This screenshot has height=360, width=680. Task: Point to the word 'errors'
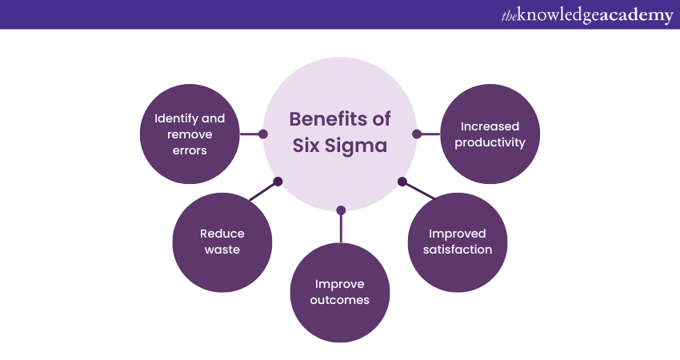pyautogui.click(x=190, y=150)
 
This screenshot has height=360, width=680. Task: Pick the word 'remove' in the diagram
pyautogui.click(x=190, y=134)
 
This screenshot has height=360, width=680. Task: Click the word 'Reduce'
pyautogui.click(x=222, y=234)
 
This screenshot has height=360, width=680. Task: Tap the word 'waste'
pyautogui.click(x=222, y=250)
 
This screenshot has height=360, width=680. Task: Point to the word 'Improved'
pyautogui.click(x=458, y=234)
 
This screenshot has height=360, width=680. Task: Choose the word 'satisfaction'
pyautogui.click(x=458, y=250)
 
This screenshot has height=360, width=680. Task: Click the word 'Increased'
pyautogui.click(x=490, y=126)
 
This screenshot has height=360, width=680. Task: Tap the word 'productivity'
pyautogui.click(x=490, y=142)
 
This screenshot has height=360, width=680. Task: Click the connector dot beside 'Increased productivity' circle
pyautogui.click(x=416, y=134)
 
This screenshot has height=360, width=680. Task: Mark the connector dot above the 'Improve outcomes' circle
pyautogui.click(x=341, y=210)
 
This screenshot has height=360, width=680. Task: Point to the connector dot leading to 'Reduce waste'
pyautogui.click(x=278, y=182)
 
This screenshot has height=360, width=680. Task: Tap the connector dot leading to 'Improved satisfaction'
pyautogui.click(x=402, y=182)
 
